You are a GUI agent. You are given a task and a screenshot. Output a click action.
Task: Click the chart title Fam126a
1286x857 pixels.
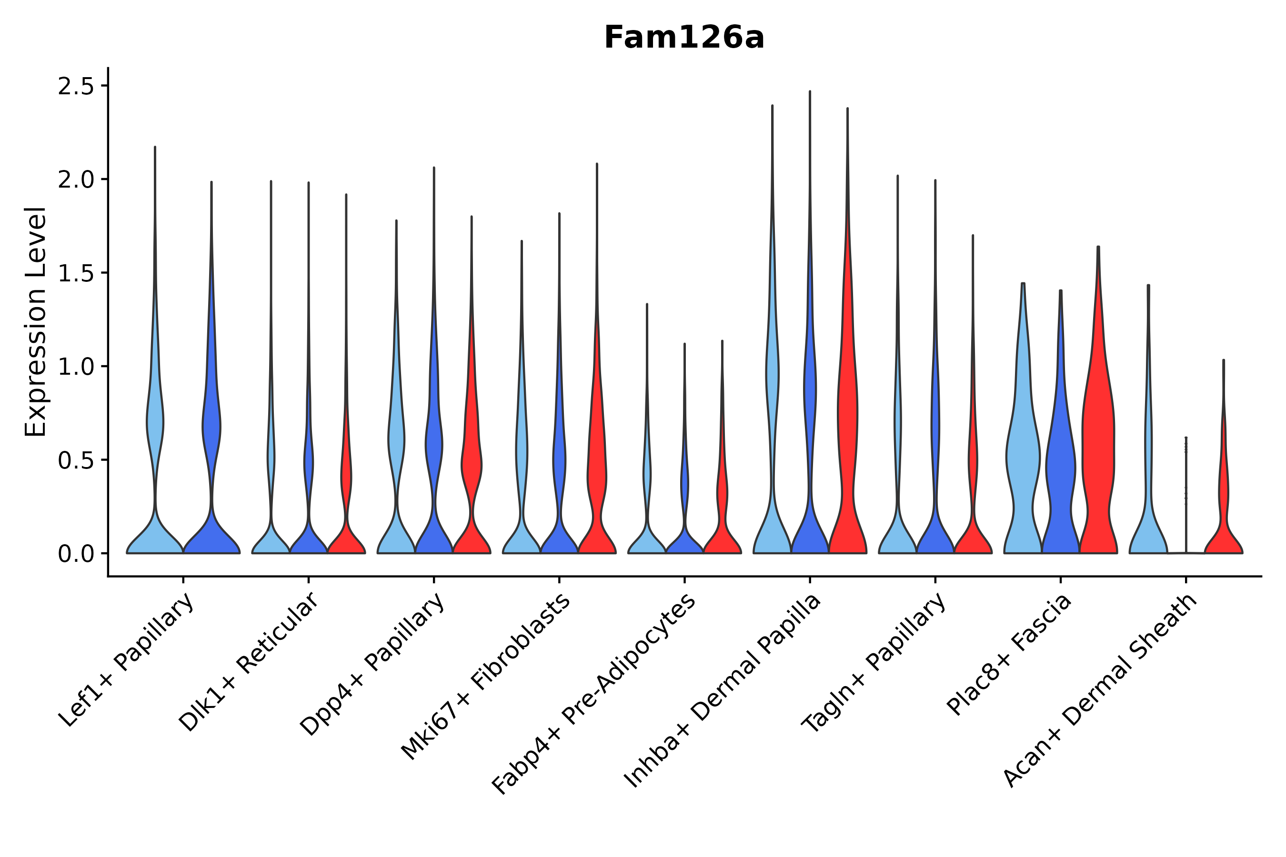[x=683, y=38]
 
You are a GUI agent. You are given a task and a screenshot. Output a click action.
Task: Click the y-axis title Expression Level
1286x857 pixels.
[x=36, y=321]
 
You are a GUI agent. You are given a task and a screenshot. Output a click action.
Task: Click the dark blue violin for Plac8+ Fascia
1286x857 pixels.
[x=1061, y=465]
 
